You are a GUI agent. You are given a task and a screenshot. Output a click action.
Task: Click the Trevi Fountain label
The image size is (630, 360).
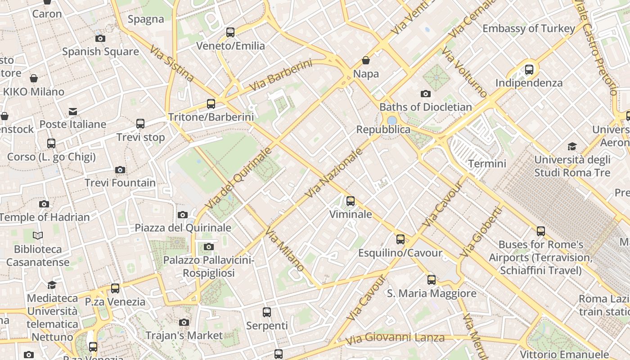point(120,183)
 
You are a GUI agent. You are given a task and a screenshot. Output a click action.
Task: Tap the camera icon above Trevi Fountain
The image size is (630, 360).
point(120,170)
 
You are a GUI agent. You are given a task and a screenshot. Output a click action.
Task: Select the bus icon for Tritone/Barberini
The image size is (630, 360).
point(211,104)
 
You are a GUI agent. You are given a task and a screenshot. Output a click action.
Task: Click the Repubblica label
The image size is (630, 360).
point(383,130)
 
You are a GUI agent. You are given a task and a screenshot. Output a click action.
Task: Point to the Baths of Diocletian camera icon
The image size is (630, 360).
point(425,94)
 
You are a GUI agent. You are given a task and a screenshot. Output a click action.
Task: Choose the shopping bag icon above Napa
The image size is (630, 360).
point(366,60)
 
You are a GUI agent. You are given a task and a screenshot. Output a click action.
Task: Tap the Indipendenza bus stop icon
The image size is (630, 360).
point(529,70)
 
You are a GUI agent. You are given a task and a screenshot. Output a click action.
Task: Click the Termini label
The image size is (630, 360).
point(487,163)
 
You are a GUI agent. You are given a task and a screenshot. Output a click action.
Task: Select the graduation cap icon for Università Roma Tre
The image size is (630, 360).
point(572,146)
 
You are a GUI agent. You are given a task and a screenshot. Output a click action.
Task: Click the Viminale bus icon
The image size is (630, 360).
point(351,201)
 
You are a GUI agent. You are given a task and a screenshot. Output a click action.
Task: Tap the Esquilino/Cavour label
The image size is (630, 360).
point(400,253)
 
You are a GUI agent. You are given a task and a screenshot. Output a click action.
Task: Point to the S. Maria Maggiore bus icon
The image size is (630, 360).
point(432,280)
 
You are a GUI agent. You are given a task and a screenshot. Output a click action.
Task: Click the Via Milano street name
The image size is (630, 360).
point(284,250)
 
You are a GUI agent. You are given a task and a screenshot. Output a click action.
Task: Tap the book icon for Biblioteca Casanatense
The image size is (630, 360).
point(38,235)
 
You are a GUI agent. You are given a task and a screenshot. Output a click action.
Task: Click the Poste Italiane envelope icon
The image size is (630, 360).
point(73,111)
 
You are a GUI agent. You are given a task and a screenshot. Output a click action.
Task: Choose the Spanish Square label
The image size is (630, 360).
point(100,51)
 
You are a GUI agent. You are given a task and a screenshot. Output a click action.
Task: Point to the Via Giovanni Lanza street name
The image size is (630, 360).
point(395,337)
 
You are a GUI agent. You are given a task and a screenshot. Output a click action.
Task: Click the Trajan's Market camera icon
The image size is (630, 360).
point(184,322)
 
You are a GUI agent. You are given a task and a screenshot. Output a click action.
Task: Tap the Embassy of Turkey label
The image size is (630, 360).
point(529,28)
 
